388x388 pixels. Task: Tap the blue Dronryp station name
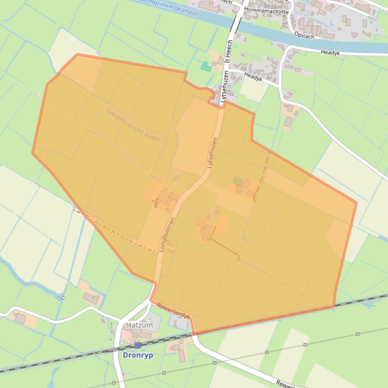(138, 355)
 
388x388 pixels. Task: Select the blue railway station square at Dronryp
(138, 346)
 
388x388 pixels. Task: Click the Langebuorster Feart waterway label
(133, 124)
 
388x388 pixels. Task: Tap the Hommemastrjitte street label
(266, 10)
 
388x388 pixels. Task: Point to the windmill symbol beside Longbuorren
(156, 203)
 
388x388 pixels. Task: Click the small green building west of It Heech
(205, 67)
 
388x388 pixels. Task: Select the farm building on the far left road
(20, 318)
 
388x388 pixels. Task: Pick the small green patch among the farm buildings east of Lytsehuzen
(237, 181)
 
